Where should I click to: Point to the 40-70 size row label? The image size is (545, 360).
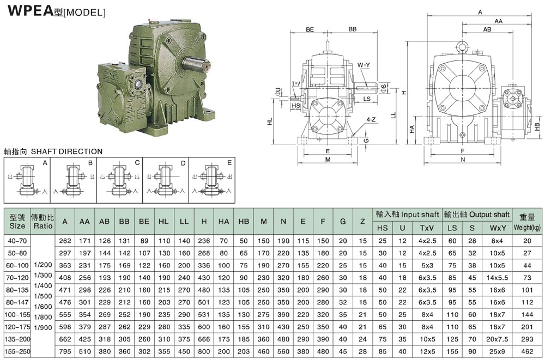coord(17,241)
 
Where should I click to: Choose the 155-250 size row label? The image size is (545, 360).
coord(17,351)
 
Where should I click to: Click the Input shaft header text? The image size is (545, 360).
coord(405,214)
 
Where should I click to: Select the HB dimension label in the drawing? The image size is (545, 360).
coord(537,126)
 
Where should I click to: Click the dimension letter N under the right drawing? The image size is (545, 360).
coord(462,160)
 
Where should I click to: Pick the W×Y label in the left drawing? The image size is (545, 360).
coord(364,65)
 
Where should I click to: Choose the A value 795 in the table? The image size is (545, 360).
coord(65,351)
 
